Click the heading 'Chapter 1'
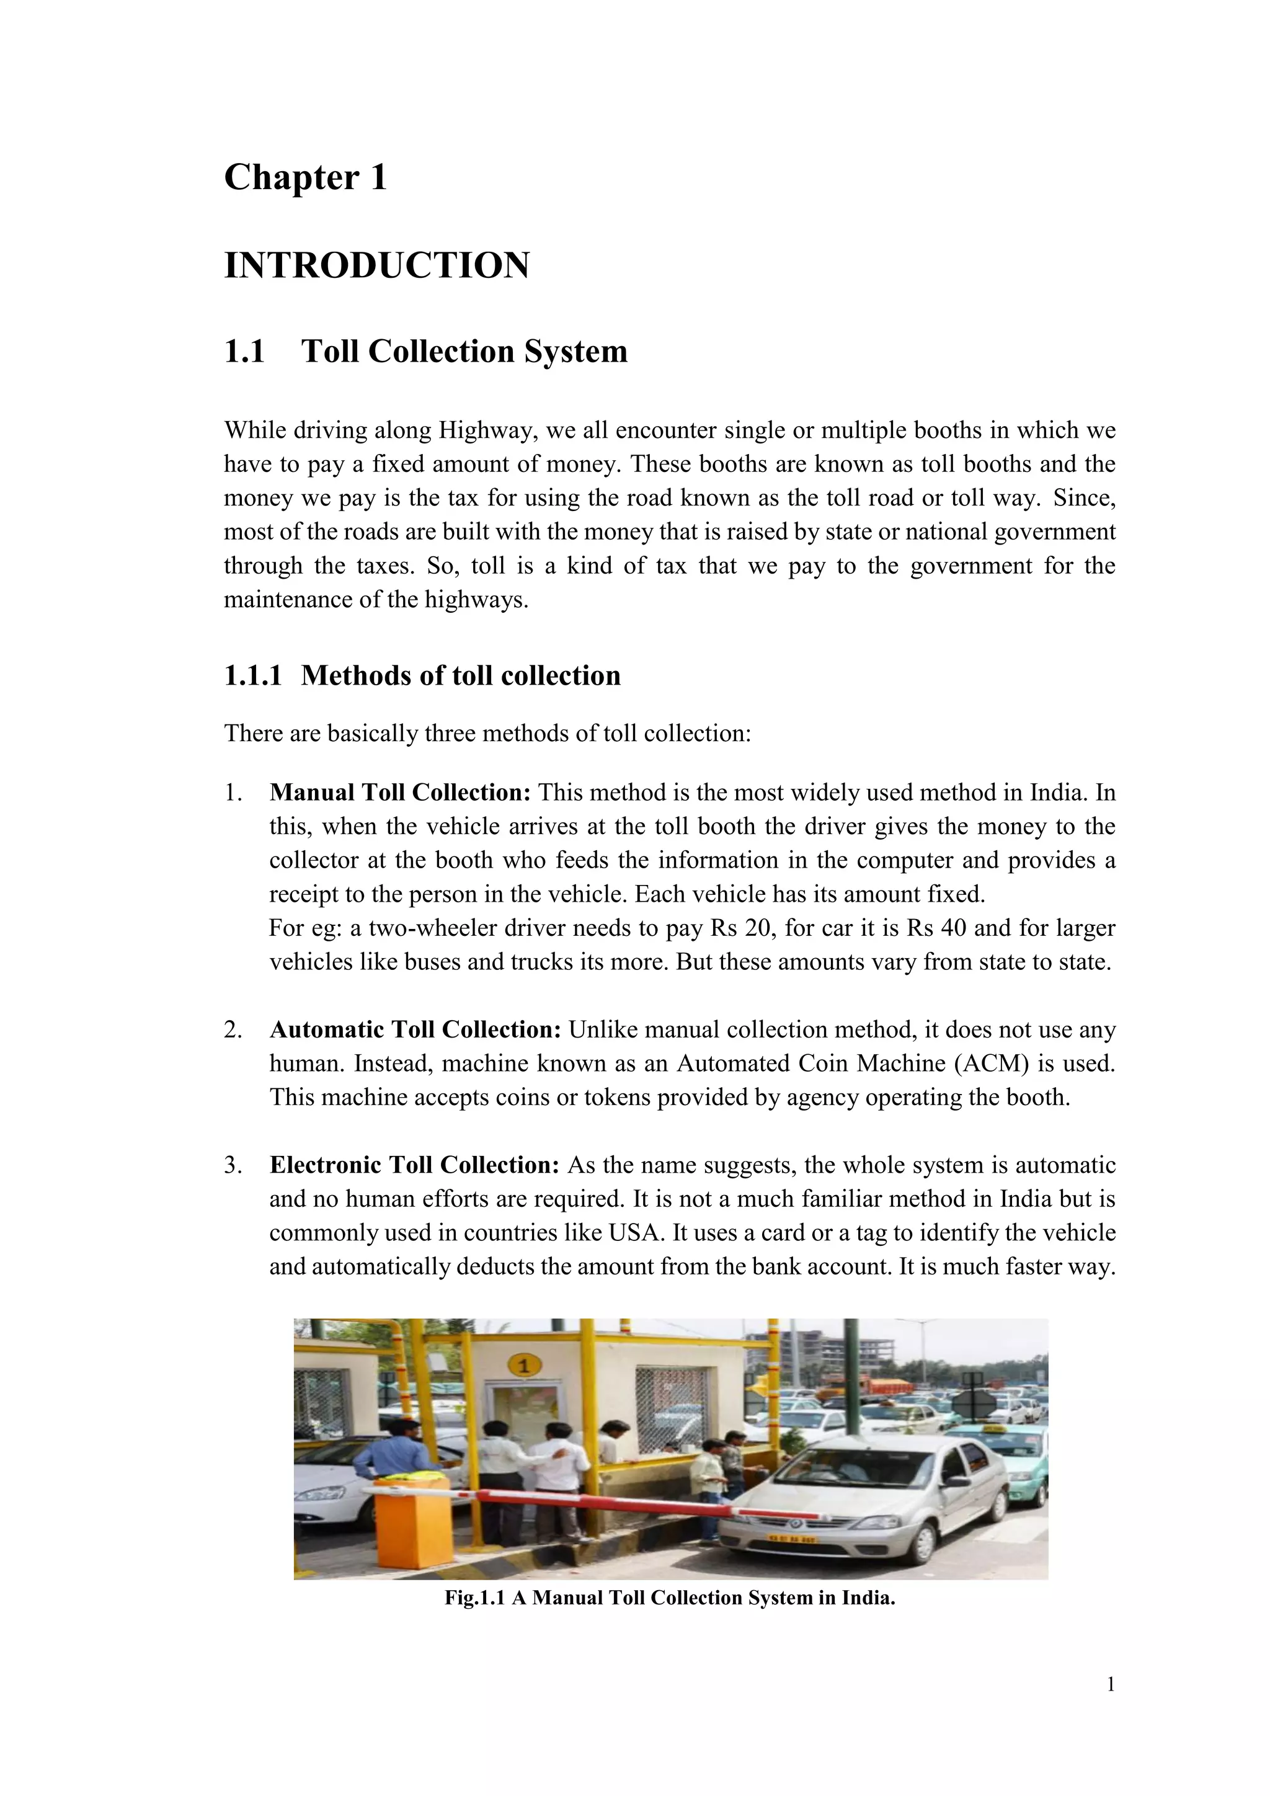[x=305, y=177]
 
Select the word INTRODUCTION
[x=377, y=266]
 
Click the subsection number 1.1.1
[x=252, y=676]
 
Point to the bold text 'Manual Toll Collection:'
[x=399, y=793]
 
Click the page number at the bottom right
[x=1111, y=1706]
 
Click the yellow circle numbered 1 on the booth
[x=524, y=1366]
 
